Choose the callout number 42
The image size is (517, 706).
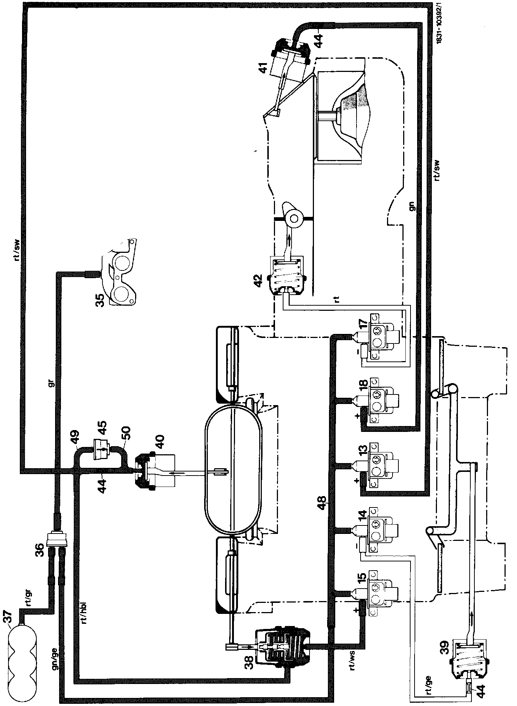coord(259,280)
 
